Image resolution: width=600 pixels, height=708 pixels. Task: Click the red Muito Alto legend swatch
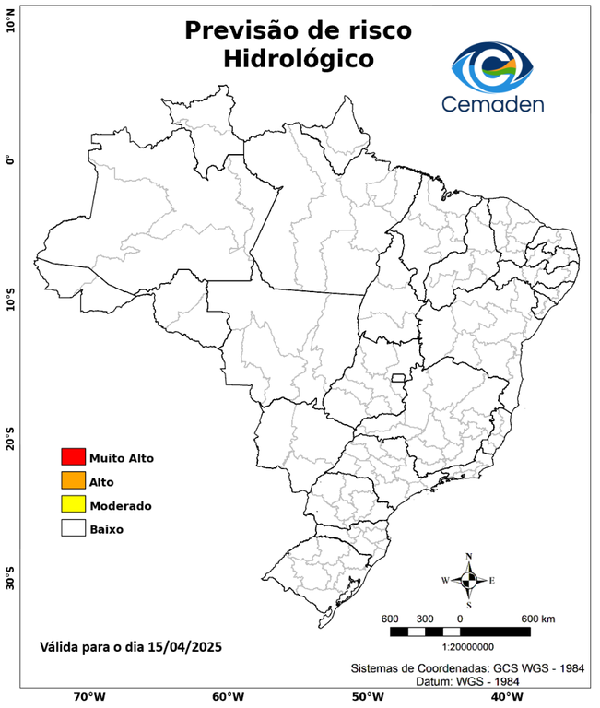click(x=73, y=456)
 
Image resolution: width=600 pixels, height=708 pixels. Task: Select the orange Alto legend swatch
click(x=73, y=480)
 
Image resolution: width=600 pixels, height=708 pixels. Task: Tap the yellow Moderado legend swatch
click(x=73, y=504)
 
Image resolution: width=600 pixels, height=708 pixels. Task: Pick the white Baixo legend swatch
click(x=73, y=528)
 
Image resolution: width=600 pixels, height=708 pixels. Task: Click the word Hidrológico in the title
click(x=298, y=59)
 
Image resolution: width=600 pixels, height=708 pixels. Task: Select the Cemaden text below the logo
click(x=493, y=102)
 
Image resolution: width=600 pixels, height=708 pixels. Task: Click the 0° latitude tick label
click(x=10, y=159)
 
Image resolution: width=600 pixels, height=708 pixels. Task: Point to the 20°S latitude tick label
click(x=10, y=439)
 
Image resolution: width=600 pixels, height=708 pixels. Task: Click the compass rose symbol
click(x=468, y=580)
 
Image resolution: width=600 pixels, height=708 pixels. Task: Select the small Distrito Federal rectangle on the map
click(x=399, y=378)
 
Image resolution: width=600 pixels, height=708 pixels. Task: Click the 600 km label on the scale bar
click(x=538, y=618)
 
